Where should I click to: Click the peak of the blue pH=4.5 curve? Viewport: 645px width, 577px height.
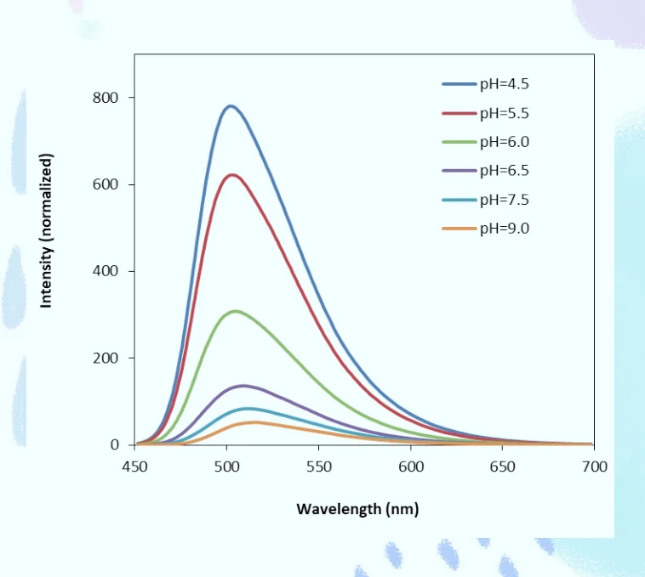(x=231, y=106)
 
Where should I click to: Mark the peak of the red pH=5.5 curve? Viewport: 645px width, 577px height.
(x=232, y=175)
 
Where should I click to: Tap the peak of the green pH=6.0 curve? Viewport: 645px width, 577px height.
(x=236, y=311)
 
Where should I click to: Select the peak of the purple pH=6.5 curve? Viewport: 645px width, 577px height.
(x=243, y=386)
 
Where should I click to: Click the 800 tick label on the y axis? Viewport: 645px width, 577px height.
(x=106, y=98)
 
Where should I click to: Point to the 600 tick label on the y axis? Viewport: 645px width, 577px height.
(x=106, y=184)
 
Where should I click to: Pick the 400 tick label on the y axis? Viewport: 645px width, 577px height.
(x=106, y=271)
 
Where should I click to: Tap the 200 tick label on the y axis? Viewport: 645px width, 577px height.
(x=106, y=358)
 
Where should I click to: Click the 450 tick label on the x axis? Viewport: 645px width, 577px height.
(x=134, y=467)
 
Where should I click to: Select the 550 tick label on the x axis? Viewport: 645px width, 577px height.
(x=319, y=467)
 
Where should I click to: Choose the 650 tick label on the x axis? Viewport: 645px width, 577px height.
(x=502, y=467)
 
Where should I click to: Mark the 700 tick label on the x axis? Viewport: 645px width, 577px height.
(x=595, y=467)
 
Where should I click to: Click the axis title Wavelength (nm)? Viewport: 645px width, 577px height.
(x=357, y=509)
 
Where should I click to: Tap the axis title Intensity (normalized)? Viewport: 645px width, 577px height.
(x=46, y=231)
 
